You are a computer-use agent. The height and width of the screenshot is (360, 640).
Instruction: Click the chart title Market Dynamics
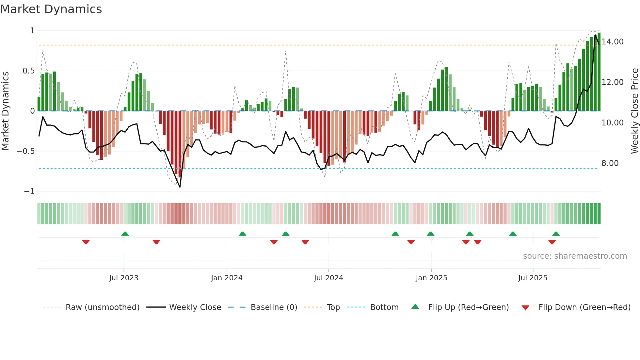click(x=51, y=9)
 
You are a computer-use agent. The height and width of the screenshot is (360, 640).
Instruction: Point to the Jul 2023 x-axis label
click(x=124, y=278)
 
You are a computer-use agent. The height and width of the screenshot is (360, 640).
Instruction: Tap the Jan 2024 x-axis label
click(x=227, y=278)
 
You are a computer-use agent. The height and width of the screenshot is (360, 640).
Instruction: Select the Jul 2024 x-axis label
click(x=328, y=278)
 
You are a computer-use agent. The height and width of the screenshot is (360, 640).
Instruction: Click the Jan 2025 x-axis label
click(x=431, y=278)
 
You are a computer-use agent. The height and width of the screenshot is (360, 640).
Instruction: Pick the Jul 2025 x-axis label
click(x=533, y=278)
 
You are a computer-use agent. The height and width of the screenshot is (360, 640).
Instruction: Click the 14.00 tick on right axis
click(x=613, y=42)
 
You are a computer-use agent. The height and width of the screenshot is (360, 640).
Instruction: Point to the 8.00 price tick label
click(x=610, y=163)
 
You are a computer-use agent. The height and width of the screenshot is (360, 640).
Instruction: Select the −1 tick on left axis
click(x=29, y=191)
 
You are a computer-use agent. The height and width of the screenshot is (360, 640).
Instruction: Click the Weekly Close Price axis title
click(x=634, y=111)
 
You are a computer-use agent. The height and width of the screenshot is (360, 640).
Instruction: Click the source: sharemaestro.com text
click(x=575, y=256)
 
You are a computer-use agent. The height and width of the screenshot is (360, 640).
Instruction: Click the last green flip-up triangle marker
click(x=556, y=234)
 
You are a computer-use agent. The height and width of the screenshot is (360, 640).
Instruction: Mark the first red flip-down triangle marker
click(x=86, y=242)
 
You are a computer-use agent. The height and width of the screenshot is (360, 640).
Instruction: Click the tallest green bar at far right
click(x=599, y=72)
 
